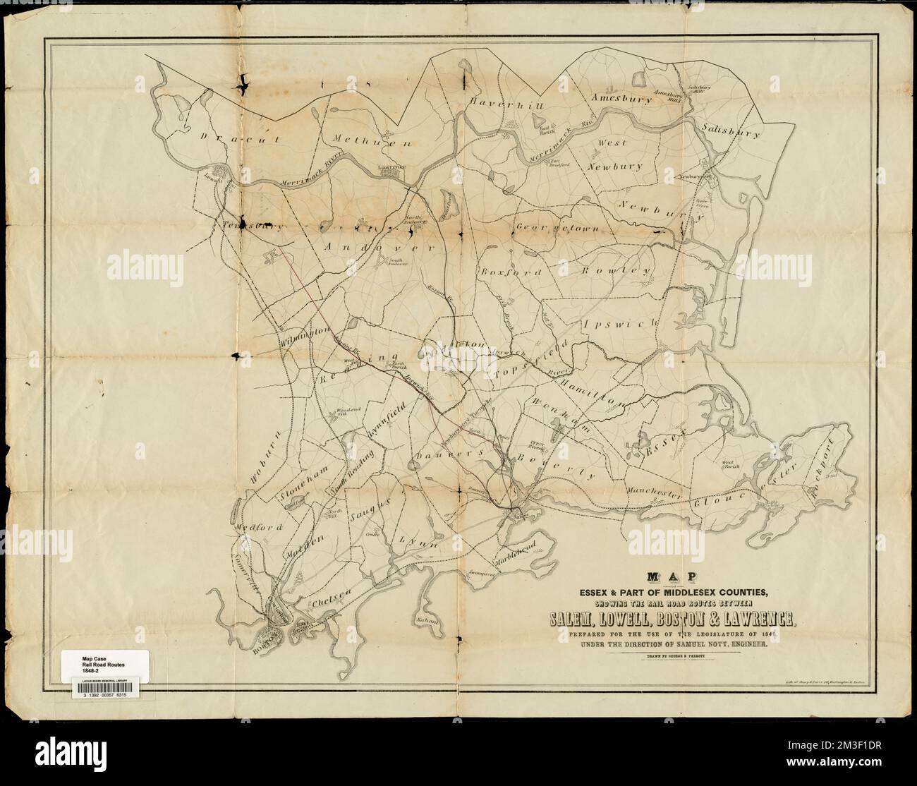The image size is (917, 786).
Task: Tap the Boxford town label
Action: pyautogui.click(x=511, y=272)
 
